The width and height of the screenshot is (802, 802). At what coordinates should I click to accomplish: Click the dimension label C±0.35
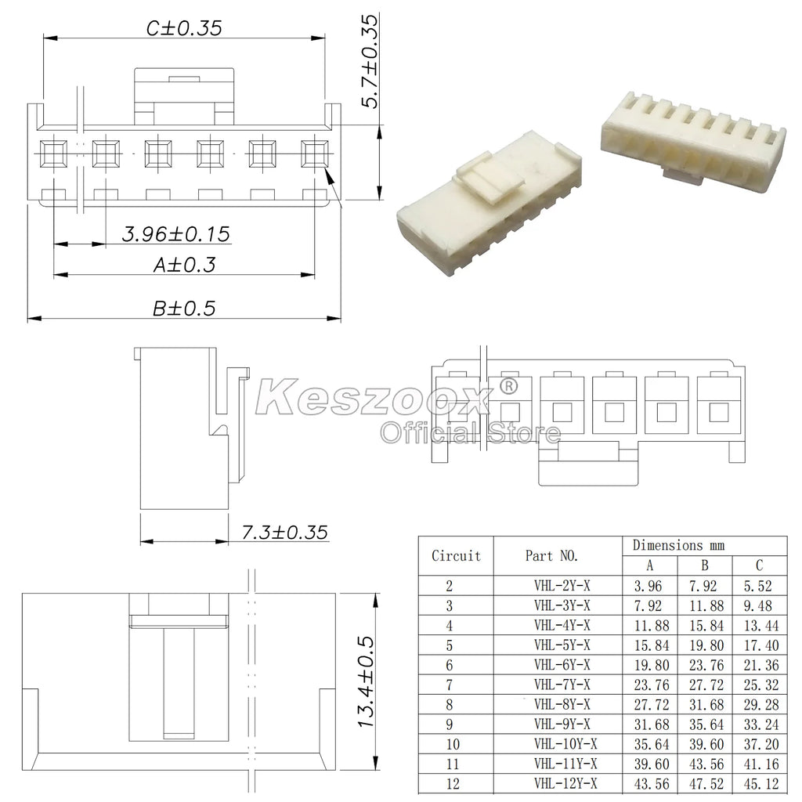[184, 28]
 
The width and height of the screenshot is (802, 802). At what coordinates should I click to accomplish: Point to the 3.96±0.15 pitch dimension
[176, 234]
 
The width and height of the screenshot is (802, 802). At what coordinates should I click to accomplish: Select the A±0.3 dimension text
[185, 265]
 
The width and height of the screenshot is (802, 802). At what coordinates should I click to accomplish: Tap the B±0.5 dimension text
[184, 309]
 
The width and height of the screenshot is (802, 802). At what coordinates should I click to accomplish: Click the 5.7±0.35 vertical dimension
[370, 61]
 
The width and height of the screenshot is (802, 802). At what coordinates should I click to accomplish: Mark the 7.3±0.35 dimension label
[284, 533]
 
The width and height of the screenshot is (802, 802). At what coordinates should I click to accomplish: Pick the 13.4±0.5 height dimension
[367, 682]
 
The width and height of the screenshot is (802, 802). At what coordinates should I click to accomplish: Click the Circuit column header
[457, 556]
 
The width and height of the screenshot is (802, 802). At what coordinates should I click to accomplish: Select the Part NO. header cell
[551, 556]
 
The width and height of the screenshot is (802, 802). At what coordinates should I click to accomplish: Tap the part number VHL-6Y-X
[562, 665]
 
